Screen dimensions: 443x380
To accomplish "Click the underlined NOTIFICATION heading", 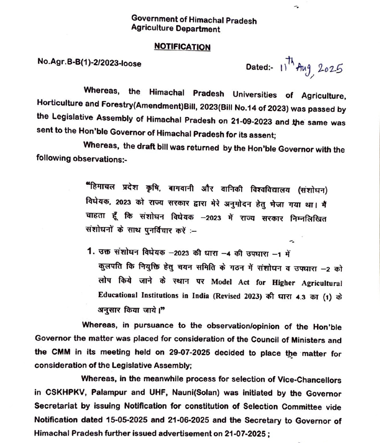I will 182,47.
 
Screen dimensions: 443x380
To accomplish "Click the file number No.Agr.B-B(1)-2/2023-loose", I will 90,63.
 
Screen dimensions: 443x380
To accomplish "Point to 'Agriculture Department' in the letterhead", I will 175,29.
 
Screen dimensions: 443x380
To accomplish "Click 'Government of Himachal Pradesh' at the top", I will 194,20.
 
